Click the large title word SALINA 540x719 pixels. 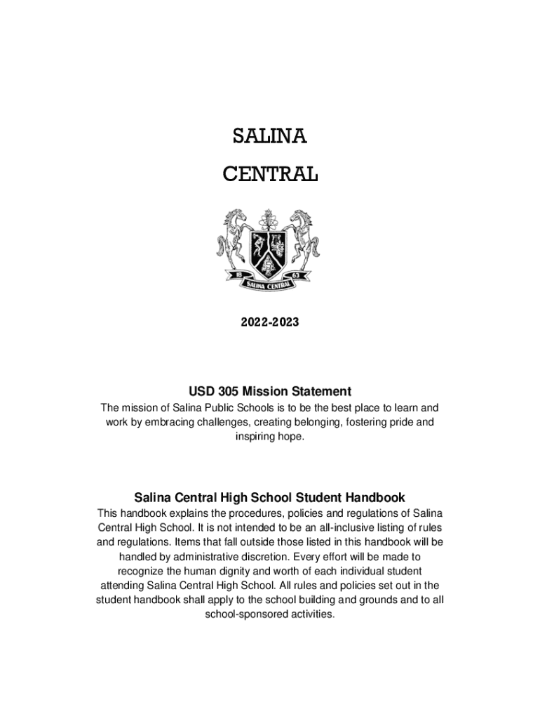pyautogui.click(x=270, y=137)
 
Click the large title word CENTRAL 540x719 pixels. pyautogui.click(x=270, y=173)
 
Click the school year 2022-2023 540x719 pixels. pyautogui.click(x=270, y=323)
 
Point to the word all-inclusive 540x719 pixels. pyautogui.click(x=327, y=527)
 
